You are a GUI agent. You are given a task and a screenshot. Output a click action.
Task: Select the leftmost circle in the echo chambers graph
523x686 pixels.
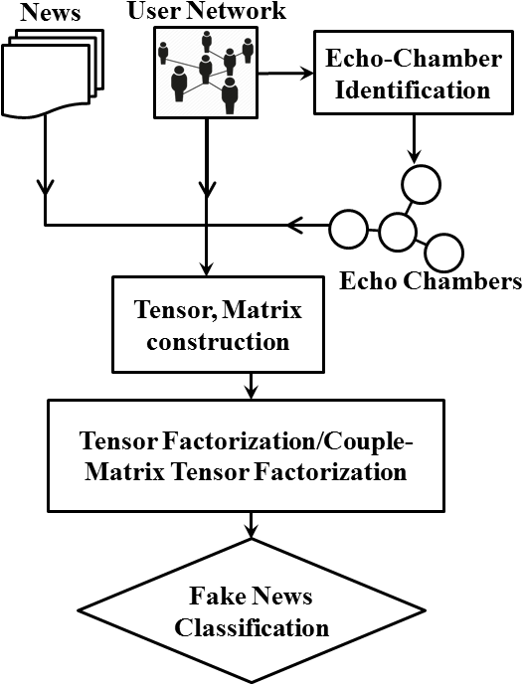pos(347,229)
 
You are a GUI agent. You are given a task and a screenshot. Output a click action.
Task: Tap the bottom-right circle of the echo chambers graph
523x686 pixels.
pos(442,251)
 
